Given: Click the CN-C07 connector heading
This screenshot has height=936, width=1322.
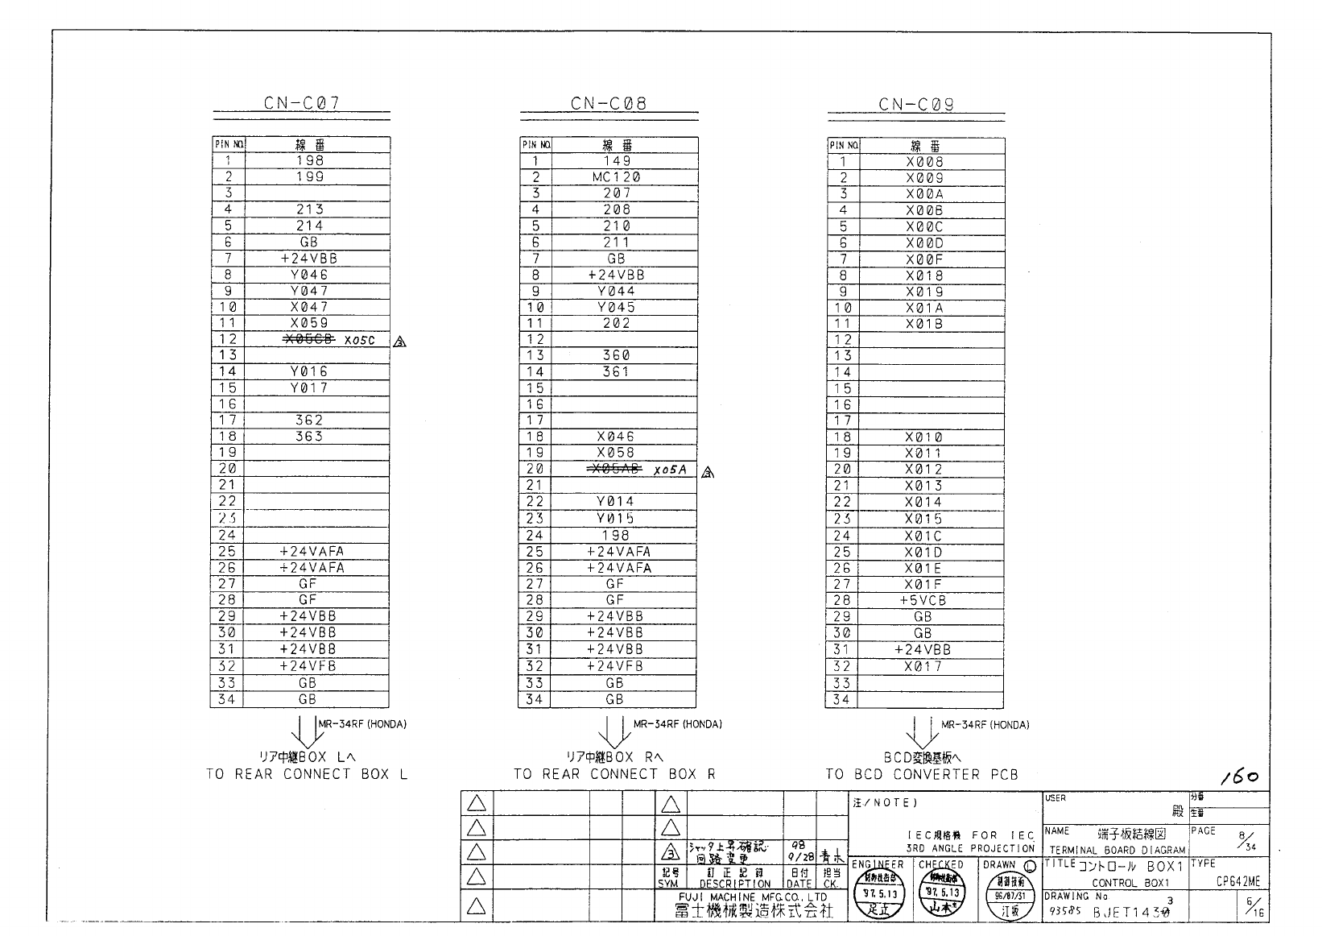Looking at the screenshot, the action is pyautogui.click(x=302, y=103).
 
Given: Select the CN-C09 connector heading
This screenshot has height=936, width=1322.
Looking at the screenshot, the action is pyautogui.click(x=916, y=104).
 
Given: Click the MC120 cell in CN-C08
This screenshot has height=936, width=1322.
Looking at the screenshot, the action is pyautogui.click(x=617, y=177).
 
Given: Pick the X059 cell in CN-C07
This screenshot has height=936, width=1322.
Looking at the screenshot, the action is pyautogui.click(x=309, y=323).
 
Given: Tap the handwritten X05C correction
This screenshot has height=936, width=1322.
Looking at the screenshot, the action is pyautogui.click(x=360, y=341).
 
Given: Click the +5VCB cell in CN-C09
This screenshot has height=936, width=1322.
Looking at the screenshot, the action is pyautogui.click(x=923, y=601).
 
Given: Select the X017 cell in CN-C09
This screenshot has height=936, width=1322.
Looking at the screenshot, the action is pyautogui.click(x=923, y=667).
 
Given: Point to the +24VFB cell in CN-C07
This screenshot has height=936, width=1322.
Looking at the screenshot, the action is pyautogui.click(x=308, y=666).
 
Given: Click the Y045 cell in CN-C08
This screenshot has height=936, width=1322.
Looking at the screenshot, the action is pyautogui.click(x=617, y=307).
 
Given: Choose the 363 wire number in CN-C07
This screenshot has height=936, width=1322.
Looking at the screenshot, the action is pyautogui.click(x=309, y=437).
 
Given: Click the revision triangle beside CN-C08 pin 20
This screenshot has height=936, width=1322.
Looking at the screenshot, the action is pyautogui.click(x=708, y=473).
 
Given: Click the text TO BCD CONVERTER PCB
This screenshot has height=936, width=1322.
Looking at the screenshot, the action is pyautogui.click(x=922, y=775).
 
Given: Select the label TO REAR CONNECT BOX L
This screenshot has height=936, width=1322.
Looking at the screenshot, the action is pyautogui.click(x=307, y=775).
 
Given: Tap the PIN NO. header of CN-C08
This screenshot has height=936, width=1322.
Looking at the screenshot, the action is pyautogui.click(x=535, y=145).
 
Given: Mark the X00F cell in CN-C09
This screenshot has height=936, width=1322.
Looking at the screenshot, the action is pyautogui.click(x=923, y=259).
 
